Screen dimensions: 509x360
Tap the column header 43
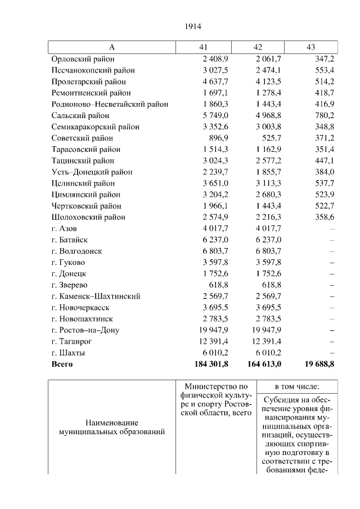(x=310, y=47)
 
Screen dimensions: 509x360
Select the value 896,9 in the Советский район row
(x=219, y=138)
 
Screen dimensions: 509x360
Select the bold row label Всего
(x=62, y=364)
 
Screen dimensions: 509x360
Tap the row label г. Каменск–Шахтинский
(x=96, y=296)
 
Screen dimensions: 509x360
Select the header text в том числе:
(x=297, y=387)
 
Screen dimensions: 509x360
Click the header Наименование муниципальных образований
(x=112, y=427)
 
